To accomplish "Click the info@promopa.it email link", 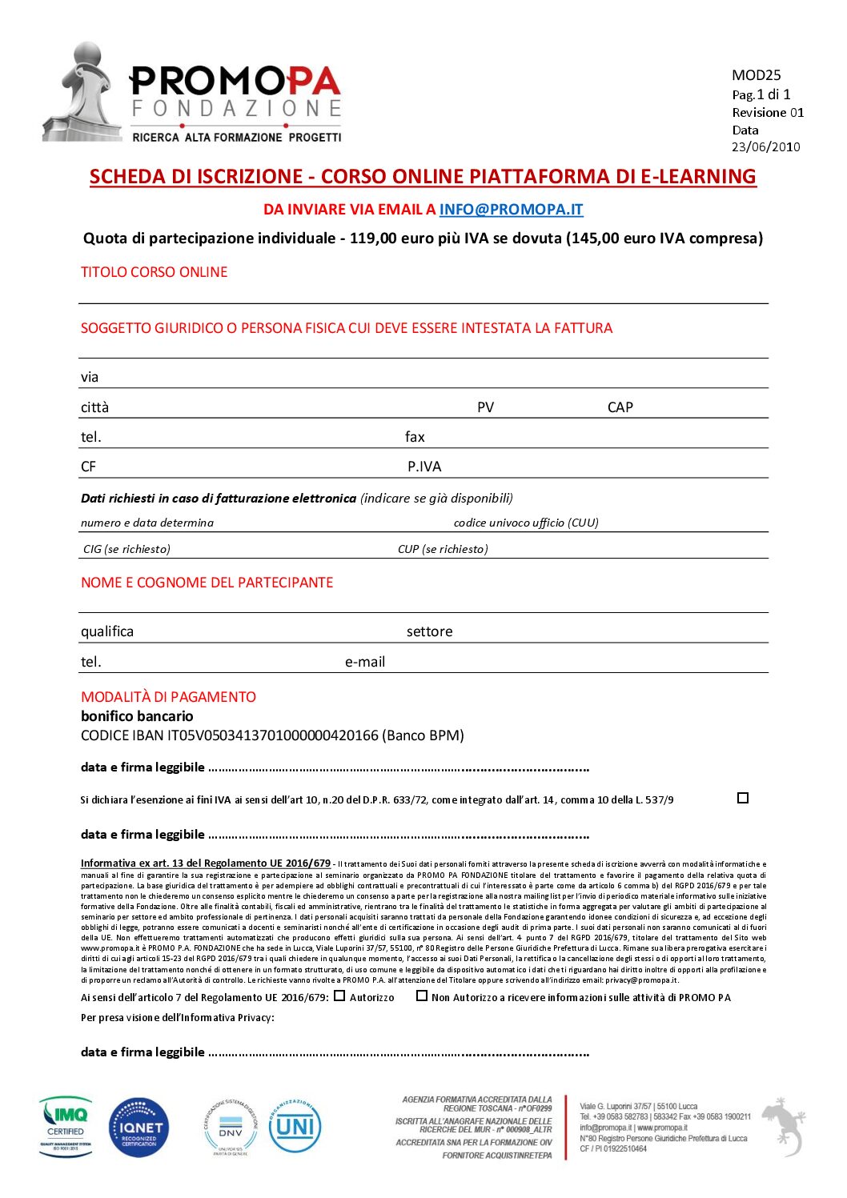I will [x=511, y=210].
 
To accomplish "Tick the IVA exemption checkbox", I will [x=743, y=798].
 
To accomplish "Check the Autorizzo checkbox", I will [x=339, y=996].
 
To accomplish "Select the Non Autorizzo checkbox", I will [x=422, y=996].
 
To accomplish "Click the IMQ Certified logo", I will [x=66, y=1127].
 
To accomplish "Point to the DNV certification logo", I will [x=231, y=1128].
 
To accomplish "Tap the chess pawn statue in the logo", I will [x=82, y=92].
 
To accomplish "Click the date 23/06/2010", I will [x=765, y=146].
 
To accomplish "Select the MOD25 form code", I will [x=756, y=75].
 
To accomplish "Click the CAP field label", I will [x=620, y=407].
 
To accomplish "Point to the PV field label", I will [x=485, y=407].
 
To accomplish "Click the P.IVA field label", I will [x=424, y=467].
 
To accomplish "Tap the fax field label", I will [x=415, y=437].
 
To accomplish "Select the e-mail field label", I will [x=365, y=662].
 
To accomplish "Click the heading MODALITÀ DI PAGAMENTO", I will [x=168, y=697].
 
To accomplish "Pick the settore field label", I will [x=429, y=631].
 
